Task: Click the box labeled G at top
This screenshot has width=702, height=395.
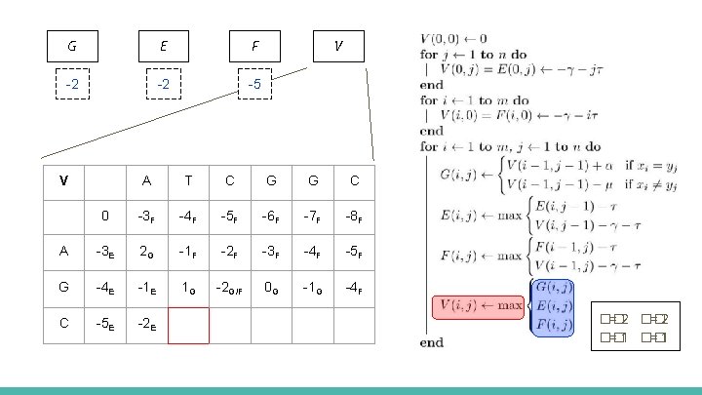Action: pos(73,45)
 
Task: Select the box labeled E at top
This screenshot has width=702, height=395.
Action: pos(164,45)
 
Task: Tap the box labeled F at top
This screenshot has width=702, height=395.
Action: pos(254,45)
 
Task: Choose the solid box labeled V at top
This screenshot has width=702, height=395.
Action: pos(337,45)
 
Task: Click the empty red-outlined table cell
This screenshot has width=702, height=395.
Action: pos(188,325)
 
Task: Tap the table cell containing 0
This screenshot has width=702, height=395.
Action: pos(104,216)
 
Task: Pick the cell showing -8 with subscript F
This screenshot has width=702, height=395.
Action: pos(355,216)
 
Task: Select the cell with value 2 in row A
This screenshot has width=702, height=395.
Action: pos(146,251)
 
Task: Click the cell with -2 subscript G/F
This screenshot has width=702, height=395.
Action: pos(230,287)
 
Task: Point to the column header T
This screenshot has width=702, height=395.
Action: pos(188,180)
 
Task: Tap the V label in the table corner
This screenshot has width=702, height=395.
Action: pos(63,180)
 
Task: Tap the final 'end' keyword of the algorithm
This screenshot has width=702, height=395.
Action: pos(432,341)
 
